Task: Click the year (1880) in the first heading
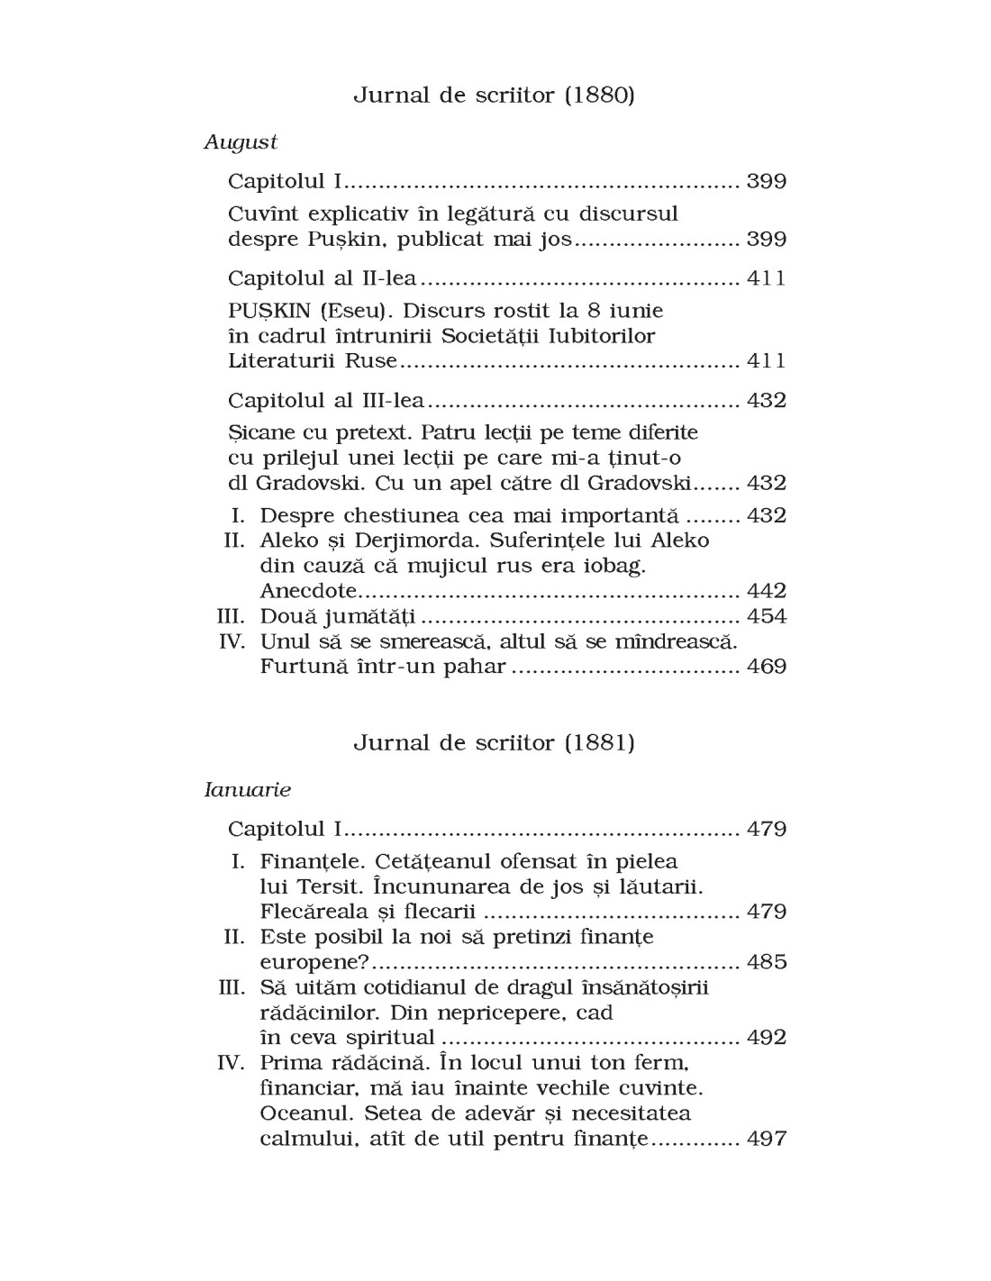click(599, 95)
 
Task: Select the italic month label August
click(241, 141)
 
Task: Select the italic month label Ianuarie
click(248, 789)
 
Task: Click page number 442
click(767, 591)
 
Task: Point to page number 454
click(767, 616)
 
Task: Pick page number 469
click(767, 667)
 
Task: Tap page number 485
click(767, 962)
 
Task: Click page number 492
click(767, 1038)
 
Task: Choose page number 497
click(767, 1139)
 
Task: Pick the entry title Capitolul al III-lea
click(326, 400)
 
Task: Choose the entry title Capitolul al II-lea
click(323, 277)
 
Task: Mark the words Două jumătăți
click(338, 616)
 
